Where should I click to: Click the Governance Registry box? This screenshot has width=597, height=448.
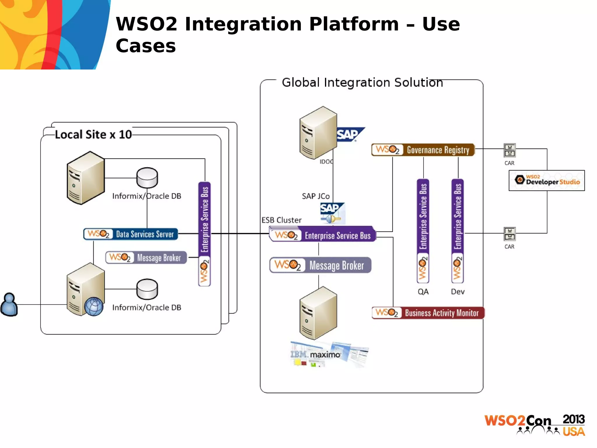423,150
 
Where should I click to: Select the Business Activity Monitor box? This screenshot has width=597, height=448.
428,313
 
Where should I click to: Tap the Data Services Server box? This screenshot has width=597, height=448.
131,234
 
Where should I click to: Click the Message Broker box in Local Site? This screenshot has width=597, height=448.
146,258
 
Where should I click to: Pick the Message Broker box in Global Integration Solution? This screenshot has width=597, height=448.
320,265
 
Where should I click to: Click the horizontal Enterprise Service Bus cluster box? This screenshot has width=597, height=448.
323,235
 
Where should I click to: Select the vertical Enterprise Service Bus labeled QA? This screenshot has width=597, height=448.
423,230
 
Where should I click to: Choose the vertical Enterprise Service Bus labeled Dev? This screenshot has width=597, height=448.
457,230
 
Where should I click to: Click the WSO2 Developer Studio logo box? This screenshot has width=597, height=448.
547,181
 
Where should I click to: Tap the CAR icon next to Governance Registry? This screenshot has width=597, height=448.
510,150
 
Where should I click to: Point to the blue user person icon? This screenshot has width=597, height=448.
9,304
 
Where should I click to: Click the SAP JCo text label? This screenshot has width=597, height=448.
316,196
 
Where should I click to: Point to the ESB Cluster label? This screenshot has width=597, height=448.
281,220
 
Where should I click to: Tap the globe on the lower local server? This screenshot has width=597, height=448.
94,307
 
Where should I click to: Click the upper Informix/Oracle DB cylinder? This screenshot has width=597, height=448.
147,178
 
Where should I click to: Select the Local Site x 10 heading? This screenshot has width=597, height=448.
93,134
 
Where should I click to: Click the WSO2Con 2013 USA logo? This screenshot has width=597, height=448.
535,425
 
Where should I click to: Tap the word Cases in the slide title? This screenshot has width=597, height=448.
146,46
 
